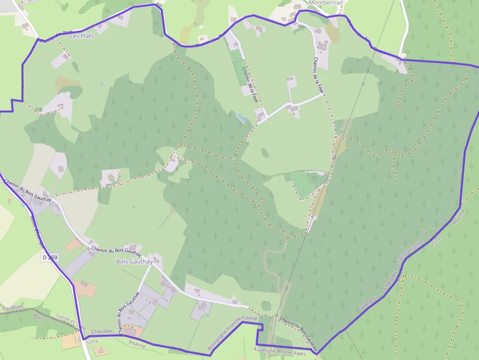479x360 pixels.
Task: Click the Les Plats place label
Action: point(81,36)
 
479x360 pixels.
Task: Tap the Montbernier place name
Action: point(327,2)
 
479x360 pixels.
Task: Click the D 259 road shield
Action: point(50,257)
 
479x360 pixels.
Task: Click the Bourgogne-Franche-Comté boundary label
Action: point(233,333)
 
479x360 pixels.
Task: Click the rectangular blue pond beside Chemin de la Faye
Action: point(241,118)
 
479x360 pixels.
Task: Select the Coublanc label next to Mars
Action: point(13,308)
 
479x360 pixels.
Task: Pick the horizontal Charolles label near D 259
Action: point(102,331)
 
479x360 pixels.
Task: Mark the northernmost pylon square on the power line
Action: point(363,84)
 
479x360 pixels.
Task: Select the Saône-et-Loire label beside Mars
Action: point(71,321)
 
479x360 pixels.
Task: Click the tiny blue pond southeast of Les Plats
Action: point(102,84)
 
